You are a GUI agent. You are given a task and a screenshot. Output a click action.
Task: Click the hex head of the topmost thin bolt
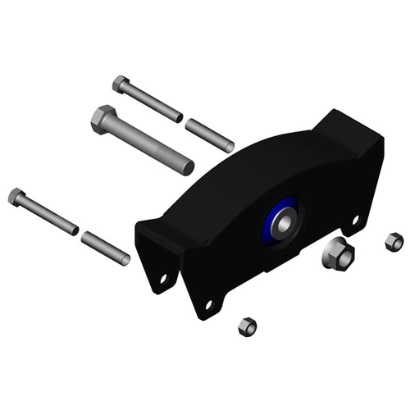click(121, 84)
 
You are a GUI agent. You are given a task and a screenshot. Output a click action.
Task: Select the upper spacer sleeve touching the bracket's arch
click(209, 135)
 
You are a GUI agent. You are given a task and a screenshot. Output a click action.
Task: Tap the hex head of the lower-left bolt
click(16, 197)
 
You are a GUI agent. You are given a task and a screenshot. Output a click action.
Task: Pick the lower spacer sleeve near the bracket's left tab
click(105, 248)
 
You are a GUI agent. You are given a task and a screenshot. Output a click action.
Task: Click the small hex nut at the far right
click(394, 242)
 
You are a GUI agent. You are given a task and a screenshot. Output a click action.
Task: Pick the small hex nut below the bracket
click(247, 326)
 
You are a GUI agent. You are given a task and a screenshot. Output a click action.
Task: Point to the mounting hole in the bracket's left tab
click(163, 279)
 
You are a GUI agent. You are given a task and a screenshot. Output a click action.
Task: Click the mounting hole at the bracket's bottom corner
click(208, 304)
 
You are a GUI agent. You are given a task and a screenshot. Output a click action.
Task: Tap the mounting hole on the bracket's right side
click(355, 220)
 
